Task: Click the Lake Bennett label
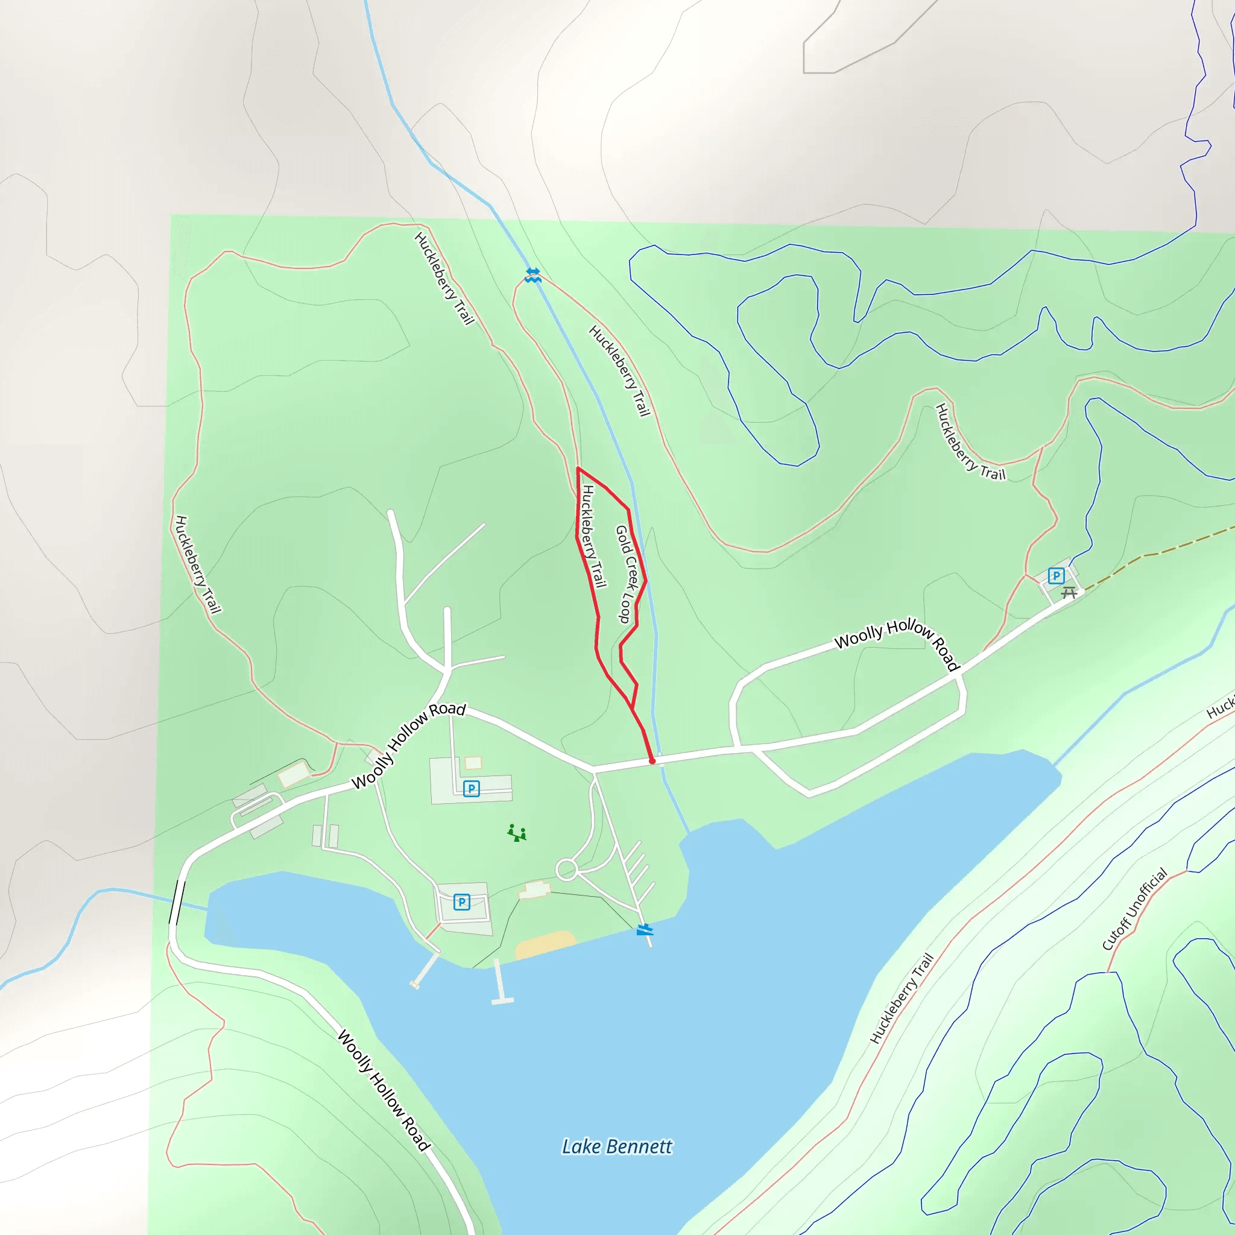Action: click(x=616, y=1147)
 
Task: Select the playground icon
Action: click(x=517, y=833)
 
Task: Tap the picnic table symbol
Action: click(x=1069, y=593)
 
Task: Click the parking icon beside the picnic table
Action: click(x=1056, y=575)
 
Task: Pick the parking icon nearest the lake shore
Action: click(x=461, y=902)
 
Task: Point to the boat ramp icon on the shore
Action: click(x=645, y=929)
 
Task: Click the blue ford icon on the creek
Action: click(x=532, y=275)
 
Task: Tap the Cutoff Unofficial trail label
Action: click(x=1134, y=909)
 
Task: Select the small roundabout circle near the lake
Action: click(x=566, y=870)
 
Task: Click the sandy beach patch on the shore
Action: click(x=545, y=945)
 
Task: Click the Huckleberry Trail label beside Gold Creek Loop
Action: click(x=593, y=535)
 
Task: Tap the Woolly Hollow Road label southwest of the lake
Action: click(x=384, y=1090)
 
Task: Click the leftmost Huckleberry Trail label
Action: click(x=198, y=564)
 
